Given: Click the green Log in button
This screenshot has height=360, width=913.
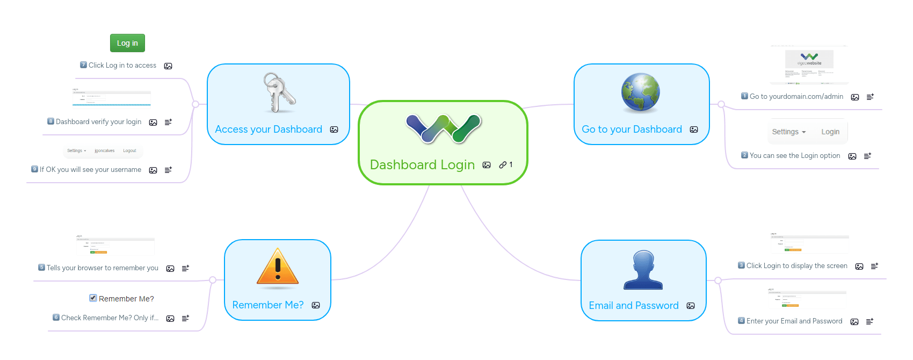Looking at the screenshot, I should pos(127,43).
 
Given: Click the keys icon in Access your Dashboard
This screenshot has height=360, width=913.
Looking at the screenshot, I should pos(279,93).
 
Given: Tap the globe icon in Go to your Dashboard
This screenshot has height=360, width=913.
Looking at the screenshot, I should pos(641,92).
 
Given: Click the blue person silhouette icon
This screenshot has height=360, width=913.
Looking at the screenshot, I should pos(643,270).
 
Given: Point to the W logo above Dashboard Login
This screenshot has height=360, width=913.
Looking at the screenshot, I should pos(444,129).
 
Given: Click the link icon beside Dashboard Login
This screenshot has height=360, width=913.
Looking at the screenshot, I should pos(503,165).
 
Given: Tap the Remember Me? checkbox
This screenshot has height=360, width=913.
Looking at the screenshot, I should pos(93,298).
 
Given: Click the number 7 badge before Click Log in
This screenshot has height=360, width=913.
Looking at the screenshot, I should pos(83,65).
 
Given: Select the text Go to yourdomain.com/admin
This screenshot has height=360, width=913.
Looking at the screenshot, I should pos(796,97).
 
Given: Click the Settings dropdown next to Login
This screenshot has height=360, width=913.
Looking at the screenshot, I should pos(788,132).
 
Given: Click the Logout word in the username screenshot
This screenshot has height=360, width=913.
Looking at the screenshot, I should pos(129,151).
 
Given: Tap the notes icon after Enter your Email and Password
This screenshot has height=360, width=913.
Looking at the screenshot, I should pos(869,321).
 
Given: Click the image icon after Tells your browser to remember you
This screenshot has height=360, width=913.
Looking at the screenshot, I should pos(170,269).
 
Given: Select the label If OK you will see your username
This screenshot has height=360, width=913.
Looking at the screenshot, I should pos(90,170).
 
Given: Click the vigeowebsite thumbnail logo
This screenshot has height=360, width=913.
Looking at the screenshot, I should pos(809,59).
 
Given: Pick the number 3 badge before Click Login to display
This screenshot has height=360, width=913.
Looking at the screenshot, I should pos(741,265).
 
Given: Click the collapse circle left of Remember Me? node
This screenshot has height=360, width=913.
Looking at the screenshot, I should pos(213,280).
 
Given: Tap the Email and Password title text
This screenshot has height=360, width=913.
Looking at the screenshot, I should pos(634,306).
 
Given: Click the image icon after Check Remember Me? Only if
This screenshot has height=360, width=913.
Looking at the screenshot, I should pos(170,319).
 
